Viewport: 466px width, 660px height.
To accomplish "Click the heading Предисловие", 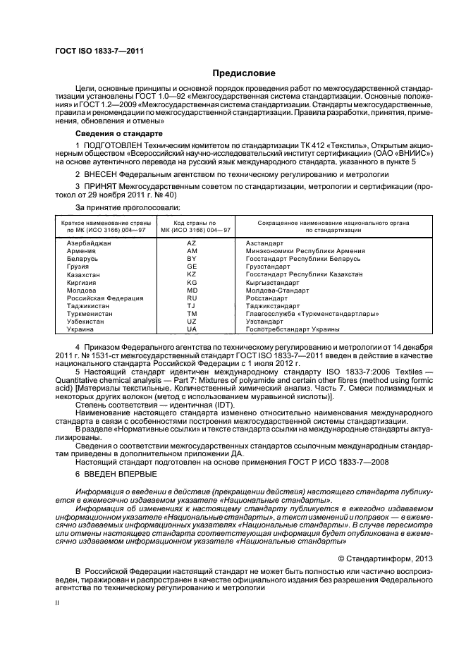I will pos(245,73).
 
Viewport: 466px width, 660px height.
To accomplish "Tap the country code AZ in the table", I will pos(191,243).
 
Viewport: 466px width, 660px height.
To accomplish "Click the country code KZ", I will pos(191,274).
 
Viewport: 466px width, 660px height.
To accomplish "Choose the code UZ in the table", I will pos(191,321).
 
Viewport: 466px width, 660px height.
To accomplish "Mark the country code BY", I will pos(191,259).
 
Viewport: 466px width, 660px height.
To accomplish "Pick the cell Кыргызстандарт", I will pos(272,282).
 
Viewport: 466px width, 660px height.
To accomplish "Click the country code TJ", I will pos(191,305).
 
